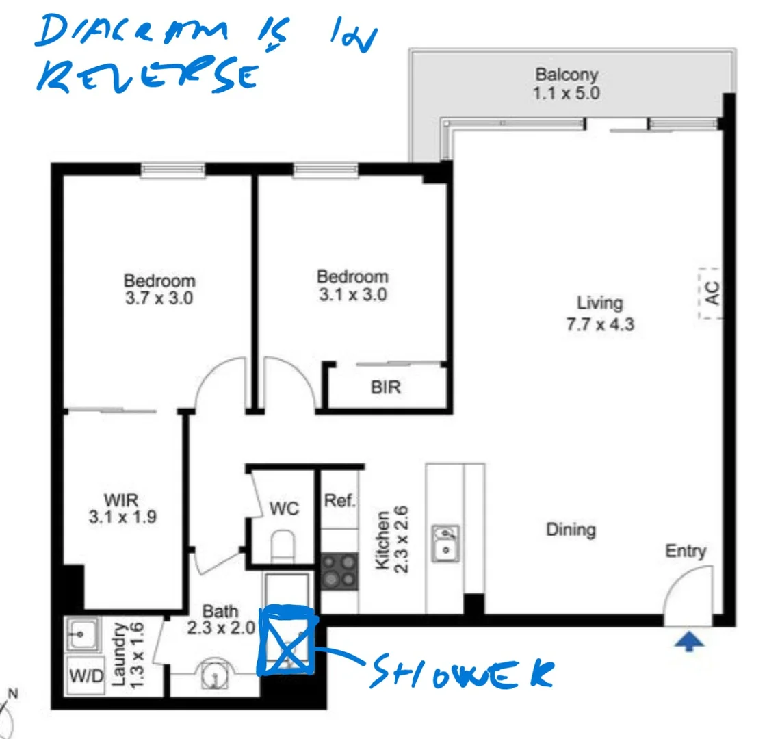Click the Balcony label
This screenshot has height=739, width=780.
pyautogui.click(x=567, y=74)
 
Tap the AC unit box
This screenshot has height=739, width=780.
pyautogui.click(x=711, y=293)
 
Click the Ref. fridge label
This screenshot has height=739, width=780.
pyautogui.click(x=340, y=500)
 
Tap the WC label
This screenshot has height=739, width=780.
pyautogui.click(x=284, y=508)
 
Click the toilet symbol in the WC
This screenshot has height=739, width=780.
pyautogui.click(x=281, y=546)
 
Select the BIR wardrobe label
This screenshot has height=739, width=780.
pyautogui.click(x=386, y=387)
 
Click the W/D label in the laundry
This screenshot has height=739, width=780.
pyautogui.click(x=86, y=677)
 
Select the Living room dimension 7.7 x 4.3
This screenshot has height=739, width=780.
pyautogui.click(x=600, y=324)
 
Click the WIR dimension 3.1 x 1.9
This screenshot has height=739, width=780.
pyautogui.click(x=122, y=517)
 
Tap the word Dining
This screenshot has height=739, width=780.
pyautogui.click(x=571, y=529)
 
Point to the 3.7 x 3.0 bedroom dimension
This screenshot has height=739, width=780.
pyautogui.click(x=159, y=298)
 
